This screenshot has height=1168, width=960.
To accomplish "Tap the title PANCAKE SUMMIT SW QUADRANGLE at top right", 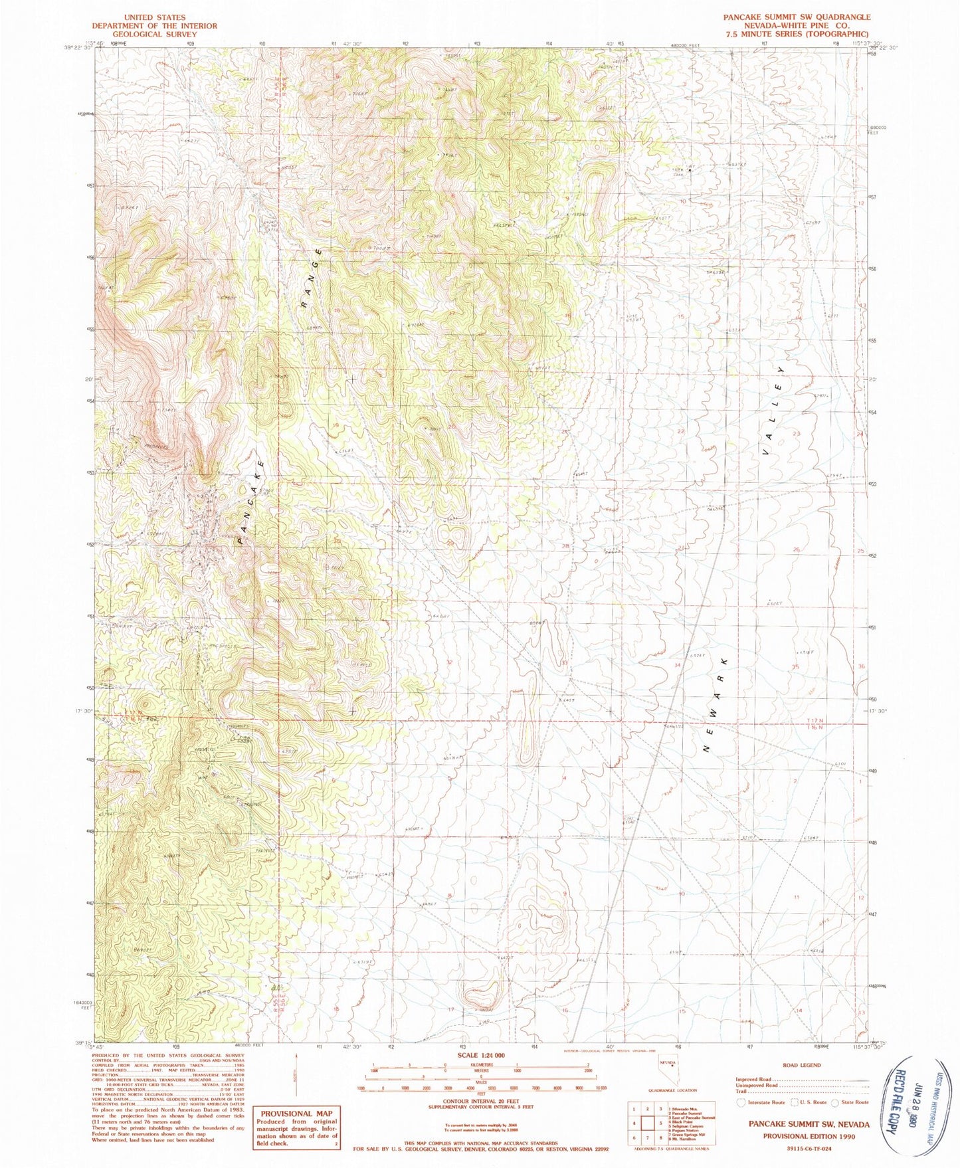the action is (x=797, y=17).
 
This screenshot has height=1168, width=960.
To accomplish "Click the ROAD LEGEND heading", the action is (x=801, y=1064).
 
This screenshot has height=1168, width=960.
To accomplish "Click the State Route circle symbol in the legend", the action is (x=836, y=1102).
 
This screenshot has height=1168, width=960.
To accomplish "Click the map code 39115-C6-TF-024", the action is (x=803, y=1149).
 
